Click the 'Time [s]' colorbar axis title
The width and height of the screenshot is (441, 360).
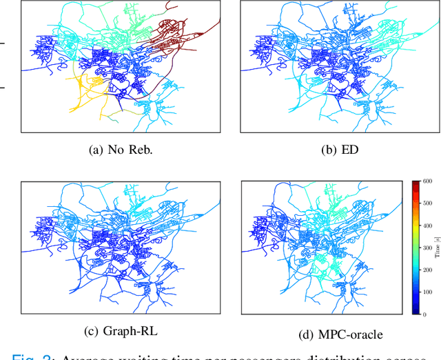(x=437, y=248)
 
